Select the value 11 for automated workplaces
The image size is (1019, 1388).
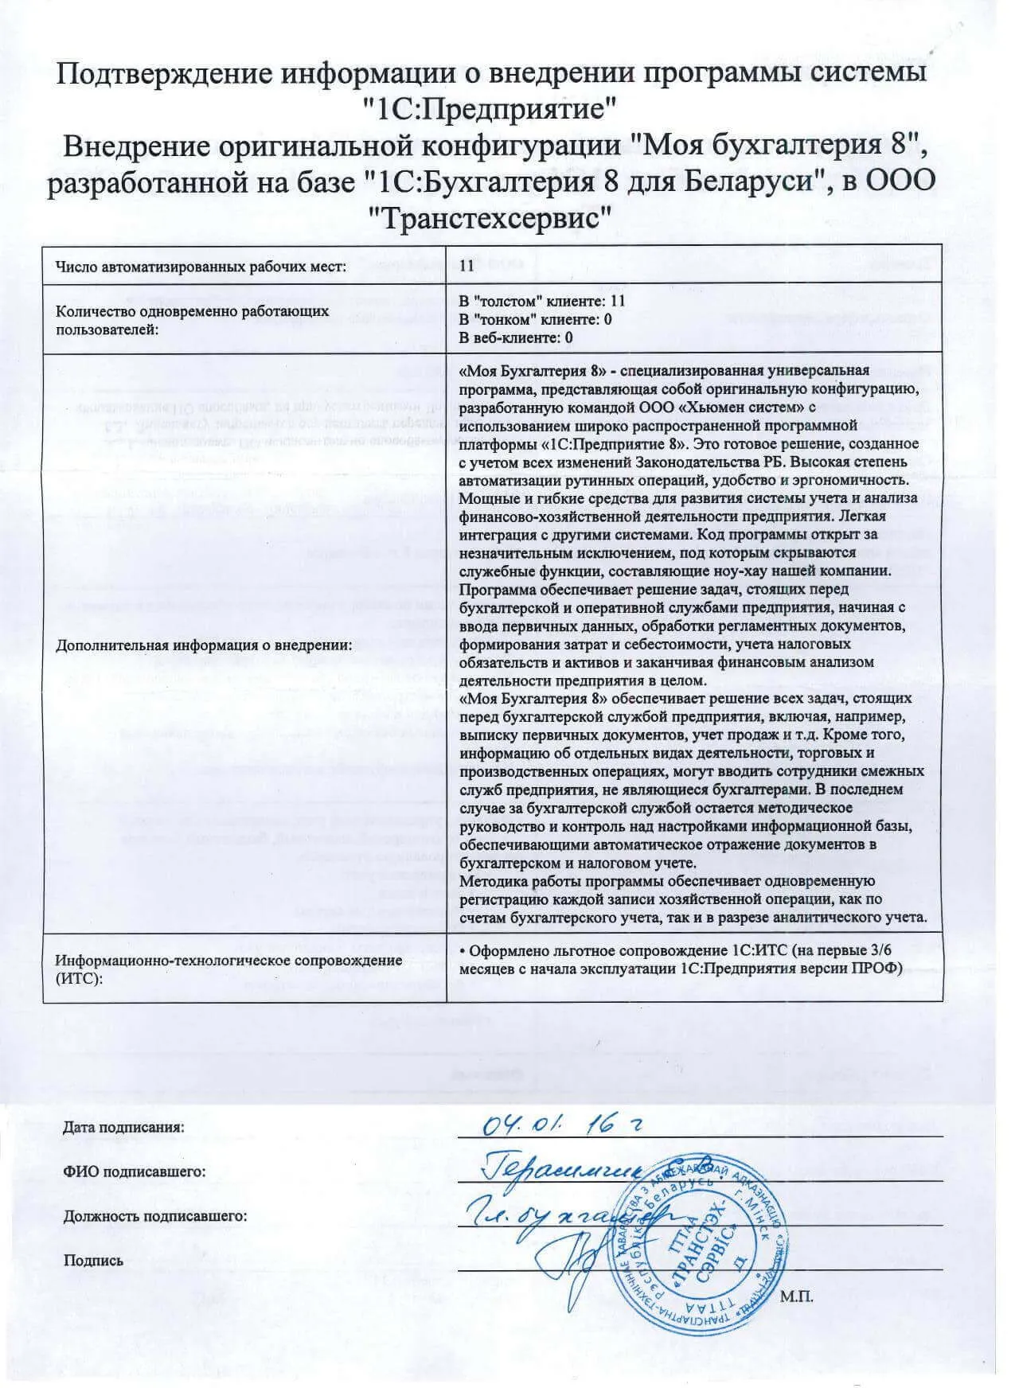click(467, 265)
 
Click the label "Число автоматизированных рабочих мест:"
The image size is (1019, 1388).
click(201, 266)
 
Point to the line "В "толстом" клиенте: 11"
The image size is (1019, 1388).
click(542, 301)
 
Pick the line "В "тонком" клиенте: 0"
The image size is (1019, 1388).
click(536, 319)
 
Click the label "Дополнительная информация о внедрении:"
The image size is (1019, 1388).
click(204, 645)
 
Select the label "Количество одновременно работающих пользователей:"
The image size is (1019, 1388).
click(192, 320)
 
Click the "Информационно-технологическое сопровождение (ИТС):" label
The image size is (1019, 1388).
click(228, 968)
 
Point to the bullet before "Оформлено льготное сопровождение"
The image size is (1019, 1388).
click(463, 950)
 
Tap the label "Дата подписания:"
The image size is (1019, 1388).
click(123, 1127)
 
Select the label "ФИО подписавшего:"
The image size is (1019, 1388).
click(134, 1172)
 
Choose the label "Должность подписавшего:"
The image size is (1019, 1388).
click(154, 1216)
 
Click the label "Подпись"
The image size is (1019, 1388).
click(93, 1261)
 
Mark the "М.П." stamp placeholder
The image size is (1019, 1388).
click(797, 1296)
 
